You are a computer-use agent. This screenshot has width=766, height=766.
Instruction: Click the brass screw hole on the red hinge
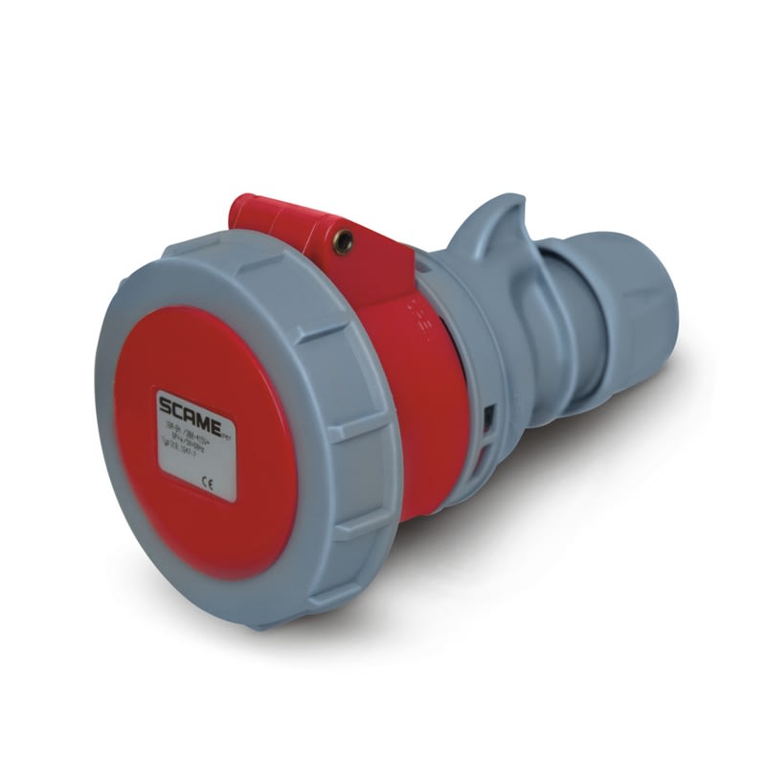(x=341, y=241)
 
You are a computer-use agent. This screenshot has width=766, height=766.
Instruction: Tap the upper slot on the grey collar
(x=490, y=415)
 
